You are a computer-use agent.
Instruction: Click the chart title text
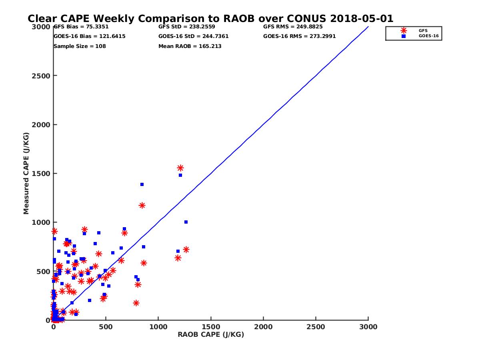pos(210,19)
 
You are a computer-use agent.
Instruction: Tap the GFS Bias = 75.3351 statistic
pos(81,27)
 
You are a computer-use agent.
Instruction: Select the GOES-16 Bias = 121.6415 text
pos(90,36)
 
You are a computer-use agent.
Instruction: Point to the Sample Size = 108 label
pos(80,46)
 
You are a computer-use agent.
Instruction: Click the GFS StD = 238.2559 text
pos(187,27)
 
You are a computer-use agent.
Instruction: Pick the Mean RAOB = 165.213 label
pos(190,46)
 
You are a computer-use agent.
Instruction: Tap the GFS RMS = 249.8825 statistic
pos(293,27)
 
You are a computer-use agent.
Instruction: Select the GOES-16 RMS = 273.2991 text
pos(300,36)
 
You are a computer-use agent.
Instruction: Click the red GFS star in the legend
pos(404,30)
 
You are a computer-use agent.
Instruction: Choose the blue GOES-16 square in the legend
pos(404,36)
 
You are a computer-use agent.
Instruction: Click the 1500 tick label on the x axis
pos(211,327)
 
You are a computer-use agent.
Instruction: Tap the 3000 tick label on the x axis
pos(368,327)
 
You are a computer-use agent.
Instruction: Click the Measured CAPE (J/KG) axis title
pos(26,173)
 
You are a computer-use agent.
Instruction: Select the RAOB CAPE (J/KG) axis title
pos(211,335)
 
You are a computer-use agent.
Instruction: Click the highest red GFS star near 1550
pos(180,168)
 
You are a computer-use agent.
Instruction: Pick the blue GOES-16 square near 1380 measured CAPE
pos(142,184)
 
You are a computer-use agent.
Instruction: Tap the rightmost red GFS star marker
pos(186,250)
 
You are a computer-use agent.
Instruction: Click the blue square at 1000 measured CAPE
pos(186,222)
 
